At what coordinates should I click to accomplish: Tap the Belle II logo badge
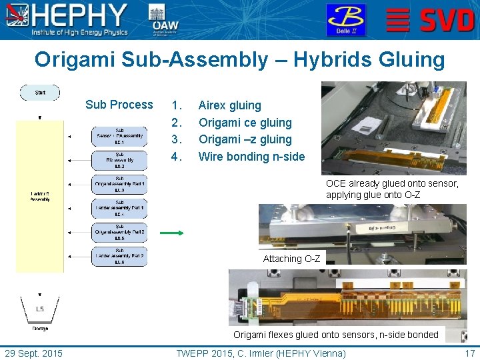pyautogui.click(x=345, y=19)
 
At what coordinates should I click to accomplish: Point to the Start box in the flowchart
pyautogui.click(x=40, y=93)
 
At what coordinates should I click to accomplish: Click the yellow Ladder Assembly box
pyautogui.click(x=39, y=196)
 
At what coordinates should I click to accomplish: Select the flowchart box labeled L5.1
pyautogui.click(x=119, y=136)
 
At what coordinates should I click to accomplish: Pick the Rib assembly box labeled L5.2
pyautogui.click(x=119, y=160)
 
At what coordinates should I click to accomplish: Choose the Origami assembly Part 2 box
pyautogui.click(x=119, y=232)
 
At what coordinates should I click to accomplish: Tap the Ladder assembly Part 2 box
pyautogui.click(x=119, y=256)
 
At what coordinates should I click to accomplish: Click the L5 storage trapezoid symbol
pyautogui.click(x=40, y=309)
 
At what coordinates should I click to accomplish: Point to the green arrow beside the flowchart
pyautogui.click(x=171, y=233)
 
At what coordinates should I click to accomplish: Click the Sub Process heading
pyautogui.click(x=119, y=105)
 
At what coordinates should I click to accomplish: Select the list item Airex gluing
pyautogui.click(x=230, y=105)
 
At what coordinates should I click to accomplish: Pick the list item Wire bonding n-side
pyautogui.click(x=251, y=157)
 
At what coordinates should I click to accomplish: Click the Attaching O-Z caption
pyautogui.click(x=291, y=259)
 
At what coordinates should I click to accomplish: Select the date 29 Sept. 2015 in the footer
pyautogui.click(x=33, y=353)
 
